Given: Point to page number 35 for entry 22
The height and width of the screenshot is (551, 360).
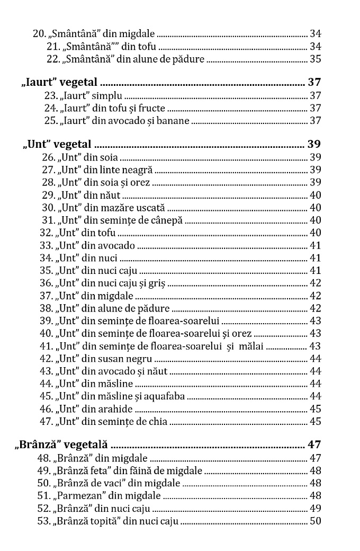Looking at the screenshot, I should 315,59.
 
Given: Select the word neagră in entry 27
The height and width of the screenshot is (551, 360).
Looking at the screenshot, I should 137,170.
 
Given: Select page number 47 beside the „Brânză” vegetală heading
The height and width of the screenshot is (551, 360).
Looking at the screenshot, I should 314,445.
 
